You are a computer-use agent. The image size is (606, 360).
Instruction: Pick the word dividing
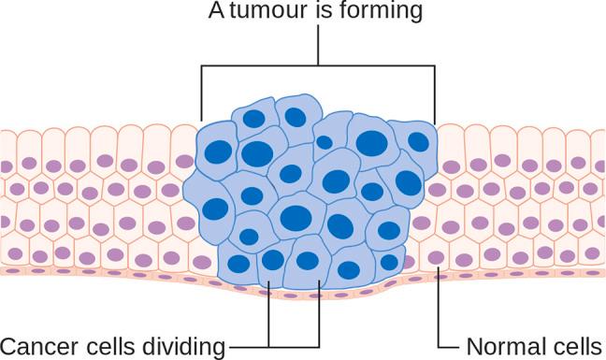click(x=184, y=346)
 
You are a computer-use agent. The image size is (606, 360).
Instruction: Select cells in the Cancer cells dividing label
click(x=110, y=346)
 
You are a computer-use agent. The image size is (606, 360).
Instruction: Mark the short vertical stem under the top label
click(x=318, y=45)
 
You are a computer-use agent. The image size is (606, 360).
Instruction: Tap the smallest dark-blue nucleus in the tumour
click(x=324, y=142)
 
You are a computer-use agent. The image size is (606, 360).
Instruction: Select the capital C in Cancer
click(x=10, y=346)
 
